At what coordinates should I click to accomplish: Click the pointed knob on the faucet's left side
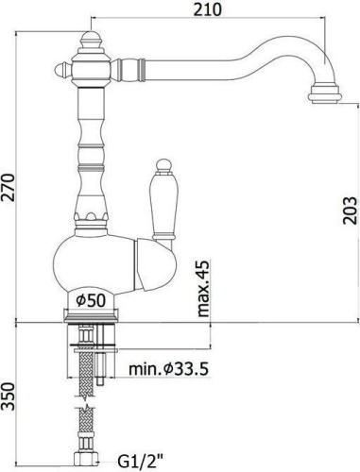61,69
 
